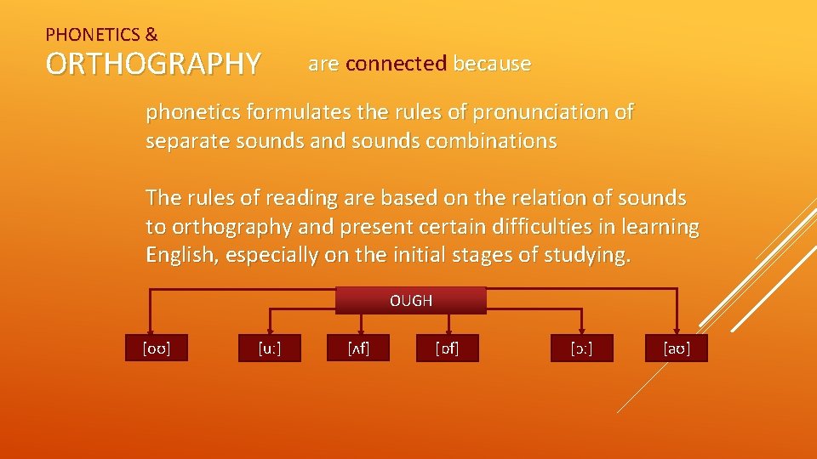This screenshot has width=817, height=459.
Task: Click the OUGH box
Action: click(411, 301)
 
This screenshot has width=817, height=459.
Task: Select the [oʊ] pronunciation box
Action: click(155, 348)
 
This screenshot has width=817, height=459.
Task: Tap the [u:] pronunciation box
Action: click(269, 348)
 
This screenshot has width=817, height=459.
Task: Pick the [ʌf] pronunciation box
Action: click(357, 348)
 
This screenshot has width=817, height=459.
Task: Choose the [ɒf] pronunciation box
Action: click(447, 348)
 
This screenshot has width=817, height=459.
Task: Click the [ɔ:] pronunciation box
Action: click(582, 348)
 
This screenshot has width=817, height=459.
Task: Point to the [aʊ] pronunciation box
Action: click(677, 348)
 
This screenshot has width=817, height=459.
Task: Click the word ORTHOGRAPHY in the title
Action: click(153, 64)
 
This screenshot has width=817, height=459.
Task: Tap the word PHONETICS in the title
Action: click(93, 35)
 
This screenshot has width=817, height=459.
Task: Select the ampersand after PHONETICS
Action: click(151, 35)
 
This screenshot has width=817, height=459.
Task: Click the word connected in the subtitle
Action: click(397, 64)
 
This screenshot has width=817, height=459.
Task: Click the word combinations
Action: click(484, 141)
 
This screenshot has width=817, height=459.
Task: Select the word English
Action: click(181, 255)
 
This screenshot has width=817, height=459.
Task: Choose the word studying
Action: click(586, 255)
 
